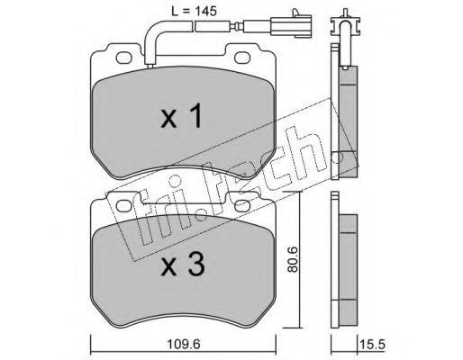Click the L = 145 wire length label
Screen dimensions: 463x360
click(194, 11)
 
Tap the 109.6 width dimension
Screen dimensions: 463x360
click(184, 344)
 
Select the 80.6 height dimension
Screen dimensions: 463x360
click(292, 259)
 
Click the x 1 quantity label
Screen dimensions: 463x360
click(181, 116)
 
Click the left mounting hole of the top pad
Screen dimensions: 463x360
click(124, 58)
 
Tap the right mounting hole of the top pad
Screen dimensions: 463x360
click(242, 58)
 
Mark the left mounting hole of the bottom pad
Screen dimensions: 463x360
click(124, 206)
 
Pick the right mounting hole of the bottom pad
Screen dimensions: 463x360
click(242, 206)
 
